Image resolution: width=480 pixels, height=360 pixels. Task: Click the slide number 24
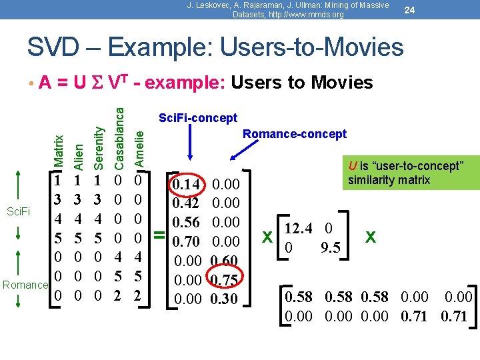coord(409,10)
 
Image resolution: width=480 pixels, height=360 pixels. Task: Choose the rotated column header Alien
coord(79,154)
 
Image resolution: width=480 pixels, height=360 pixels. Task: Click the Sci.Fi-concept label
coord(197,118)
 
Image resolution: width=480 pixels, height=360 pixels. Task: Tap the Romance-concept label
coord(294,134)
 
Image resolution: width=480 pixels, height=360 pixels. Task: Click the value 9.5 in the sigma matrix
coord(331,248)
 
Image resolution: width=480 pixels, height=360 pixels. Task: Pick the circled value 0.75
coord(224,280)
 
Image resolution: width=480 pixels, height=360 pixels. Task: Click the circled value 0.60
coord(224,261)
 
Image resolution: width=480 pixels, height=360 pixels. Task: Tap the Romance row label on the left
coord(25,285)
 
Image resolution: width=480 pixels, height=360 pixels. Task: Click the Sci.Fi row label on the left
coord(18,212)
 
